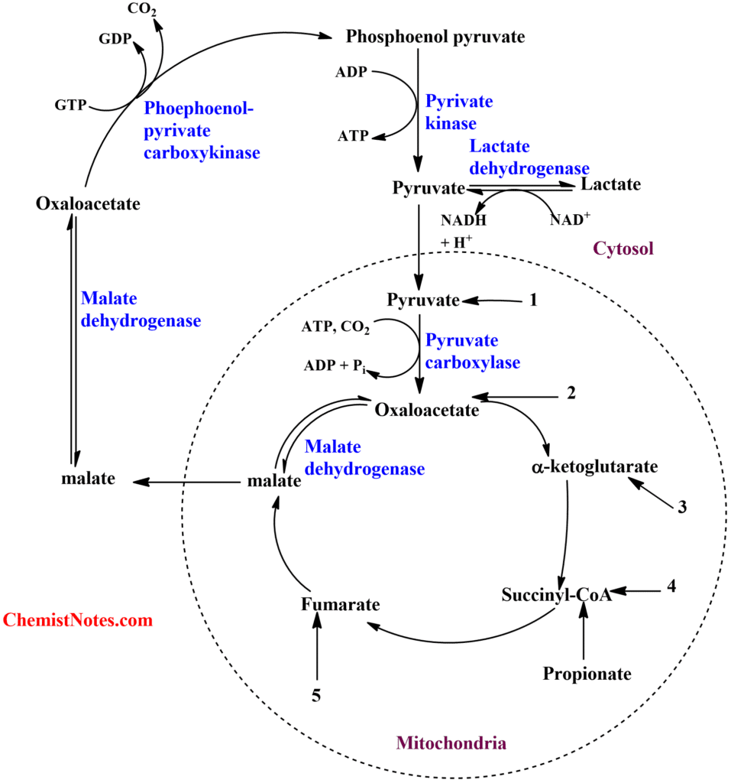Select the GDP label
(x=115, y=38)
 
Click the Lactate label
(x=611, y=185)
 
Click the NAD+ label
(x=570, y=219)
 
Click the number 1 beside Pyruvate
(x=533, y=301)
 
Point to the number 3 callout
(x=681, y=506)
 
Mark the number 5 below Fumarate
(x=315, y=695)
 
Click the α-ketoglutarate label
(x=594, y=466)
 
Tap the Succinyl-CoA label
(x=558, y=595)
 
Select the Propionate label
(x=587, y=674)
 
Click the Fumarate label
(x=340, y=604)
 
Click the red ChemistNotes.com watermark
(x=78, y=620)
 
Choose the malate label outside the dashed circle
(x=88, y=479)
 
